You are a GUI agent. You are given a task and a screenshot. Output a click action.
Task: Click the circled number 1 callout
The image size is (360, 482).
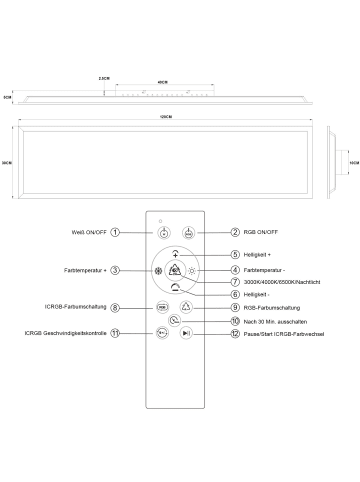coord(116,232)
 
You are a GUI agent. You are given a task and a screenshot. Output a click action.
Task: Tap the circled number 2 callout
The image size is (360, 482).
coord(235,232)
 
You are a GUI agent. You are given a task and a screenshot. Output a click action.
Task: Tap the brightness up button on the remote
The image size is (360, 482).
coord(175,255)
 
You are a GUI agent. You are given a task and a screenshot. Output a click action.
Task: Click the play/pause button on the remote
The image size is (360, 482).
coord(187,335)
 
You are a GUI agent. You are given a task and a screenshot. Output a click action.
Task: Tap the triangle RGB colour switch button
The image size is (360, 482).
coord(187,309)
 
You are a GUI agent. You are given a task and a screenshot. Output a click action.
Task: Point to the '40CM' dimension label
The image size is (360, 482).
coord(161,83)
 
